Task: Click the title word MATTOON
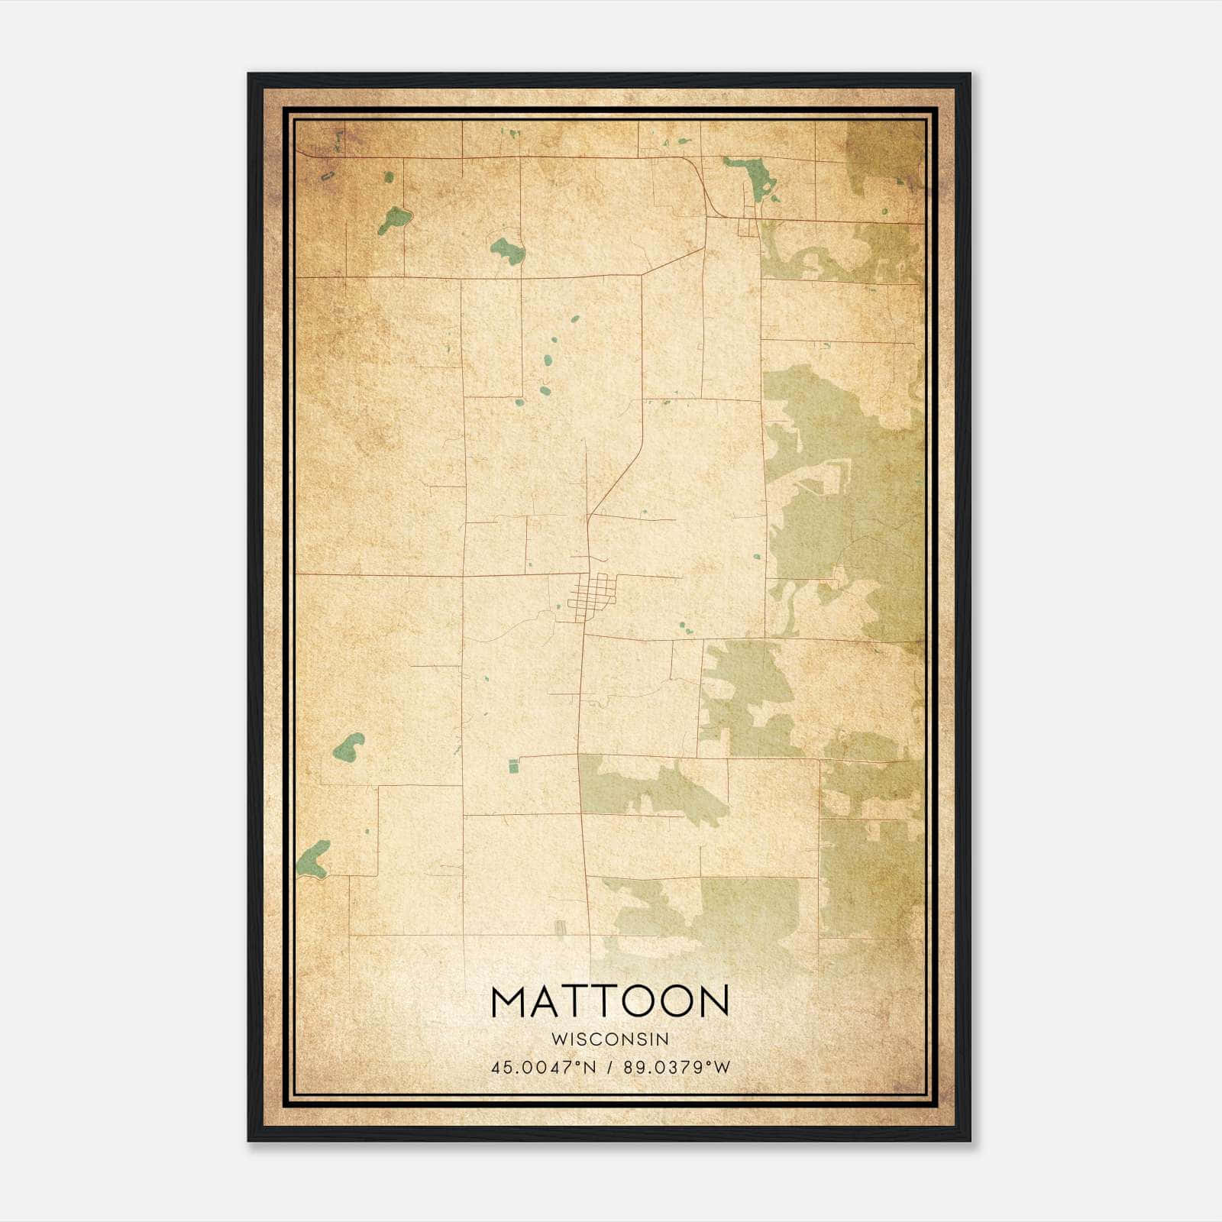(x=609, y=1001)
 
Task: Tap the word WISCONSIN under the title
(x=609, y=1039)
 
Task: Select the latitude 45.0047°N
(x=543, y=1068)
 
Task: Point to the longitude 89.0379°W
(x=677, y=1068)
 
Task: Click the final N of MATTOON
(x=712, y=1001)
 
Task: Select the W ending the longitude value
(x=723, y=1068)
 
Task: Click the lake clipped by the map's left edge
(x=313, y=860)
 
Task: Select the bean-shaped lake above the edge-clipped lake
(x=349, y=746)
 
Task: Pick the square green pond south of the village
(x=513, y=765)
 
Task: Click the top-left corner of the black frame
(x=250, y=75)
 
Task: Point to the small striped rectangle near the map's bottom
(x=560, y=927)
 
